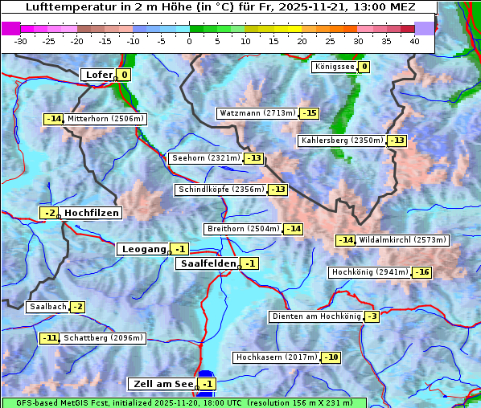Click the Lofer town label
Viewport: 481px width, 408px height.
(98, 75)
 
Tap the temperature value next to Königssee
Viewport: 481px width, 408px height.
(364, 67)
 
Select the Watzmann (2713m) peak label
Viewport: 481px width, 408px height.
(257, 113)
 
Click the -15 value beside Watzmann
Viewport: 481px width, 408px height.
(309, 113)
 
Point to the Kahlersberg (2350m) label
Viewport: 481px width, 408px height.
(342, 141)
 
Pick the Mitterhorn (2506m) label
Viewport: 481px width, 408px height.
(105, 119)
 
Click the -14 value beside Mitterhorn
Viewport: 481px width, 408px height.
(53, 119)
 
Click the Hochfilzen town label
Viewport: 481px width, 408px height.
(92, 213)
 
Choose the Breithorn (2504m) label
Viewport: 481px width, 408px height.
(242, 229)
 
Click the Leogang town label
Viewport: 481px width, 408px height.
(143, 249)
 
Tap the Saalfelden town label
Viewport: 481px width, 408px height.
(208, 263)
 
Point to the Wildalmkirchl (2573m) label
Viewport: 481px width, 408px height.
(402, 240)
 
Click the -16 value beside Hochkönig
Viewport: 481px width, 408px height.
(421, 272)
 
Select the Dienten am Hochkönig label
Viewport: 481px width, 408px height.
(315, 316)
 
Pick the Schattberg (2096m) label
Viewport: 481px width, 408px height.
(103, 338)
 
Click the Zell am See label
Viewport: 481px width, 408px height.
(162, 384)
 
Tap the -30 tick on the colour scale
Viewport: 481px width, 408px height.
(21, 40)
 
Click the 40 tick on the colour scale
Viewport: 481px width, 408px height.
(414, 40)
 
